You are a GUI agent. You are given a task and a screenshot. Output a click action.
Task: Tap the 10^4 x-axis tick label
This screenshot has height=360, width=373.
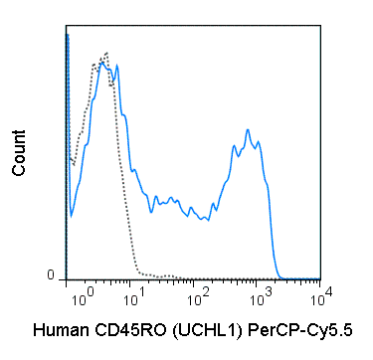[318, 295]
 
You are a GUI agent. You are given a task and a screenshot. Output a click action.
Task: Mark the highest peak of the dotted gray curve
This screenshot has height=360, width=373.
[105, 55]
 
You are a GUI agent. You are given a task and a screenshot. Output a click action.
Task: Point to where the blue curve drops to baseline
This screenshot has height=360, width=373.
[281, 277]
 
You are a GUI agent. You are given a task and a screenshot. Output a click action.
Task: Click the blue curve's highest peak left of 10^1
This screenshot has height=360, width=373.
[116, 66]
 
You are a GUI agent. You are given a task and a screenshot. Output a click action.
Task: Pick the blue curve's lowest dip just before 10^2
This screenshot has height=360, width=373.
[205, 220]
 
